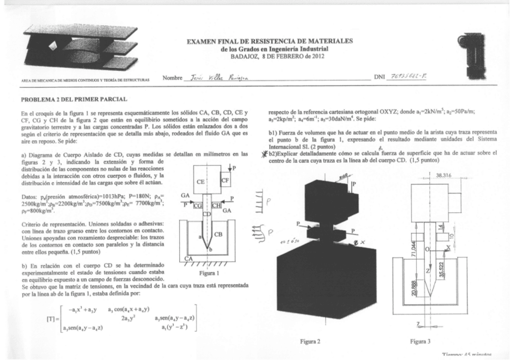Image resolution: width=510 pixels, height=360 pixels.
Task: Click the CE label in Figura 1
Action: pos(200,182)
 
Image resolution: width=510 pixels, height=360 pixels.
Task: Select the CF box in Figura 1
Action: pos(225,180)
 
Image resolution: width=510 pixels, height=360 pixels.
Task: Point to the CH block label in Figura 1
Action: pos(217,206)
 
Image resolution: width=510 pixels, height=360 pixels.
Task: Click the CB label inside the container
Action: pos(219,234)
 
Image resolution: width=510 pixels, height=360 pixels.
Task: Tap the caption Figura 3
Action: pos(420,341)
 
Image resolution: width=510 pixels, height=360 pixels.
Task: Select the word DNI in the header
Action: pos(379,78)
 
